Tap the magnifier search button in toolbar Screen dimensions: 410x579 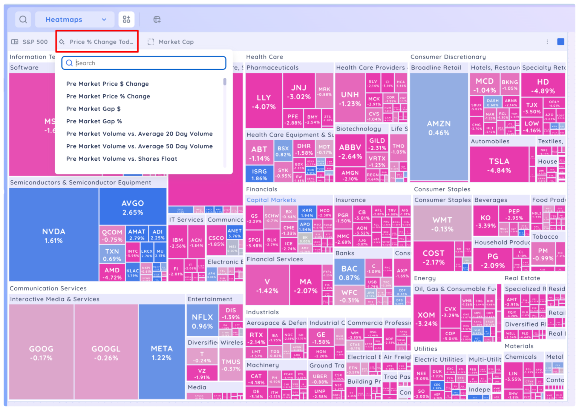tap(23, 20)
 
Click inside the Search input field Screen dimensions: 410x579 tap(147, 63)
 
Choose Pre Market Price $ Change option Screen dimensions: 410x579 tap(107, 84)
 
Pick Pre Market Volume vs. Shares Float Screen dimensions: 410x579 tap(122, 159)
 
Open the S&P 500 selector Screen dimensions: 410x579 tap(30, 42)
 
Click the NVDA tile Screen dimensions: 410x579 tap(54, 235)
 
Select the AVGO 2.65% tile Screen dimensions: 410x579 tap(133, 207)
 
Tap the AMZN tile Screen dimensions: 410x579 tap(439, 127)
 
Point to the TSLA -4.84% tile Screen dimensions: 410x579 tap(499, 165)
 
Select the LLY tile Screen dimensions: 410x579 tap(264, 101)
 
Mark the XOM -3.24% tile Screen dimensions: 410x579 tap(426, 319)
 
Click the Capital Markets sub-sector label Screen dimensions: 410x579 tap(271, 200)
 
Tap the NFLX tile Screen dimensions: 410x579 tap(202, 321)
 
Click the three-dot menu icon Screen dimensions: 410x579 tap(547, 42)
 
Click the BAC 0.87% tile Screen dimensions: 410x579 tap(349, 273)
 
